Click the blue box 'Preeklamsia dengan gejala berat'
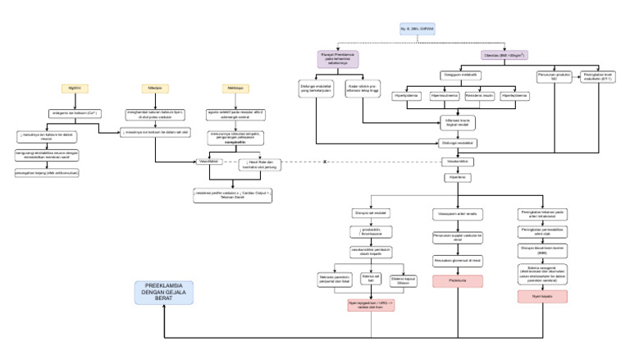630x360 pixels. click(x=164, y=292)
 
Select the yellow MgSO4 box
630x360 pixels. click(x=75, y=87)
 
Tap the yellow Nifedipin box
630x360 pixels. click(x=154, y=87)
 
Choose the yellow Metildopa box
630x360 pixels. click(x=234, y=87)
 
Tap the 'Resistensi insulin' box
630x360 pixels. click(x=482, y=96)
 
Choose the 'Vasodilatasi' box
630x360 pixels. click(x=208, y=162)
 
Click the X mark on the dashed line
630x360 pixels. click(x=325, y=162)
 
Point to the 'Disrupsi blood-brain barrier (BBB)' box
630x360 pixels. click(x=542, y=249)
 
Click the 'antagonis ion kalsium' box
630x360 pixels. click(x=75, y=112)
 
